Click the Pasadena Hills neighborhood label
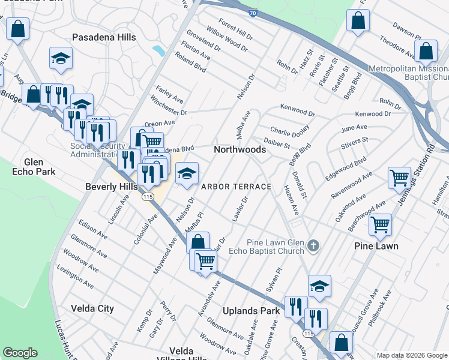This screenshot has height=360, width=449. (x=104, y=37)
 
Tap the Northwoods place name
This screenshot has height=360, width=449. (x=240, y=149)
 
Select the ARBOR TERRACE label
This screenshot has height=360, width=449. (x=236, y=187)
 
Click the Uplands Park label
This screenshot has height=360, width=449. (x=251, y=311)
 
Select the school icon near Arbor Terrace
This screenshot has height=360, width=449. (x=187, y=174)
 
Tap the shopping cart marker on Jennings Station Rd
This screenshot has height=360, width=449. (x=399, y=178)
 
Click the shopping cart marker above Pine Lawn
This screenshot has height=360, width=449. (x=380, y=224)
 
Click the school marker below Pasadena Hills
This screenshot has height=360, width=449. (x=60, y=58)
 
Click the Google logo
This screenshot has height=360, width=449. (x=20, y=353)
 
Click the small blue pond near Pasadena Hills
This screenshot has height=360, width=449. (x=159, y=50)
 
